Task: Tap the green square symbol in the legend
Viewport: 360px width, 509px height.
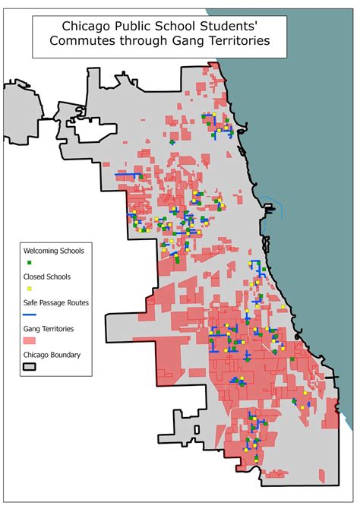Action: [x=30, y=262]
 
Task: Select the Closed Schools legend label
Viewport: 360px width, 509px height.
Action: [x=46, y=277]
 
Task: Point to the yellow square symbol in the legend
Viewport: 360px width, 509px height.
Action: [x=30, y=289]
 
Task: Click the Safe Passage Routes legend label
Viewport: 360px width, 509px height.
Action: [x=56, y=302]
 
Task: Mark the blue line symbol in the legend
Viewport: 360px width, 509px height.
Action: [x=30, y=315]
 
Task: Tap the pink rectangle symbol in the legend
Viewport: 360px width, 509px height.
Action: [x=30, y=341]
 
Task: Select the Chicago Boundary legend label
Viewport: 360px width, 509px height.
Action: [x=52, y=354]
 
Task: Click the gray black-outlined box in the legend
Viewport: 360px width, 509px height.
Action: [x=30, y=366]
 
